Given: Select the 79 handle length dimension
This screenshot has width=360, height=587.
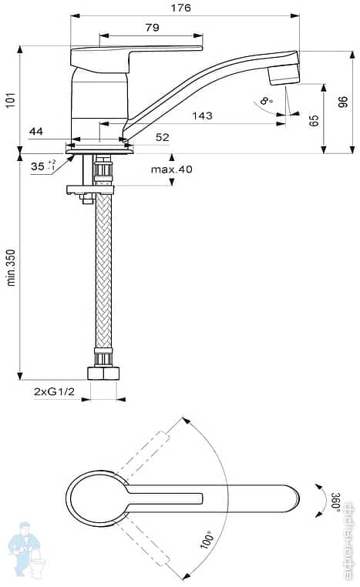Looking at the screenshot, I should pyautogui.click(x=152, y=28).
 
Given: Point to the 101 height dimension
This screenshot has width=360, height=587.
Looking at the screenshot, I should pyautogui.click(x=10, y=100).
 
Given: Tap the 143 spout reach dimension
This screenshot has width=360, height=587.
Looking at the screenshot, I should pyautogui.click(x=201, y=116).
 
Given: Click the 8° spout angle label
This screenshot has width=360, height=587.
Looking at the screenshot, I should pyautogui.click(x=266, y=101).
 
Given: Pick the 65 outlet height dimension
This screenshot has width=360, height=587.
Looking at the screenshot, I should pyautogui.click(x=314, y=120).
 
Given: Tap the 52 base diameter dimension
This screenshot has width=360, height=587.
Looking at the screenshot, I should pyautogui.click(x=162, y=137).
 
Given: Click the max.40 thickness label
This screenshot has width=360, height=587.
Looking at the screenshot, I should pyautogui.click(x=171, y=169).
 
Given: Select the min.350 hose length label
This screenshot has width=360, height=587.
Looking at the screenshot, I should pyautogui.click(x=11, y=267).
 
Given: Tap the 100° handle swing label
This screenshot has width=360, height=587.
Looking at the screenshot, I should pyautogui.click(x=207, y=538).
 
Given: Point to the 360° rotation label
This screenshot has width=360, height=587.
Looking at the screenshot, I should pyautogui.click(x=335, y=500).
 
